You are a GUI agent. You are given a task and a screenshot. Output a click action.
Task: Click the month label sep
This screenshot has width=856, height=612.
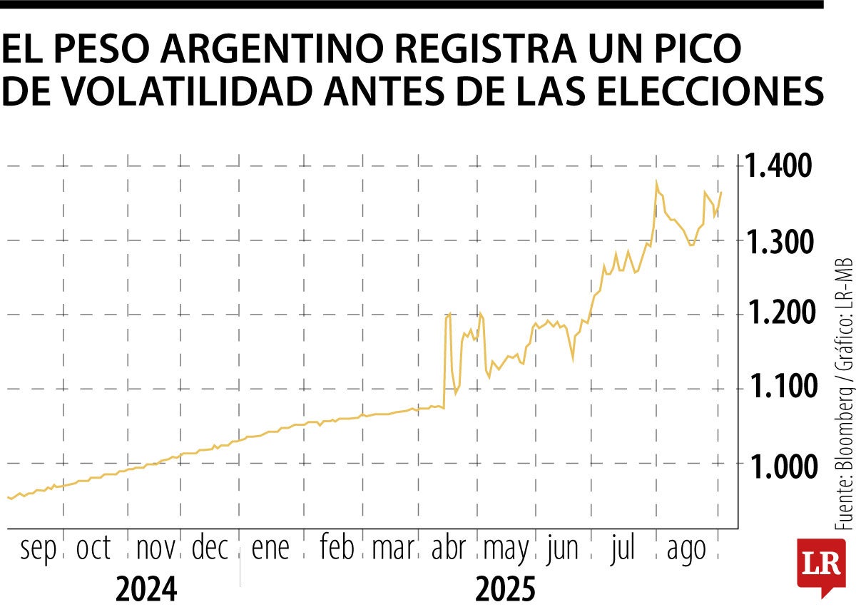point(38,550)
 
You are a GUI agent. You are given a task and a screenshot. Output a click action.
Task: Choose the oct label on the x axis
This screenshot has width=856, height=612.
point(93,549)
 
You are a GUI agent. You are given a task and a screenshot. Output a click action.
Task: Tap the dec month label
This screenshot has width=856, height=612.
point(210,549)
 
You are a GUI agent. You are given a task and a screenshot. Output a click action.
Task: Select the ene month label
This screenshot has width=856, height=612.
point(270,549)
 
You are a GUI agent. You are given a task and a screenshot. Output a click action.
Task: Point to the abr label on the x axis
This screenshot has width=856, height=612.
point(449,549)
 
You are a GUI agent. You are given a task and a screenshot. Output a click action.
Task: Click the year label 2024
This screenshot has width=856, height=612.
point(146,589)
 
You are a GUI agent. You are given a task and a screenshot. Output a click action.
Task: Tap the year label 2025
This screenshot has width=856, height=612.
point(504,589)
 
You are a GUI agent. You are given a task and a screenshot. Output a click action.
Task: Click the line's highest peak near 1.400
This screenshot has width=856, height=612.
point(656,183)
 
